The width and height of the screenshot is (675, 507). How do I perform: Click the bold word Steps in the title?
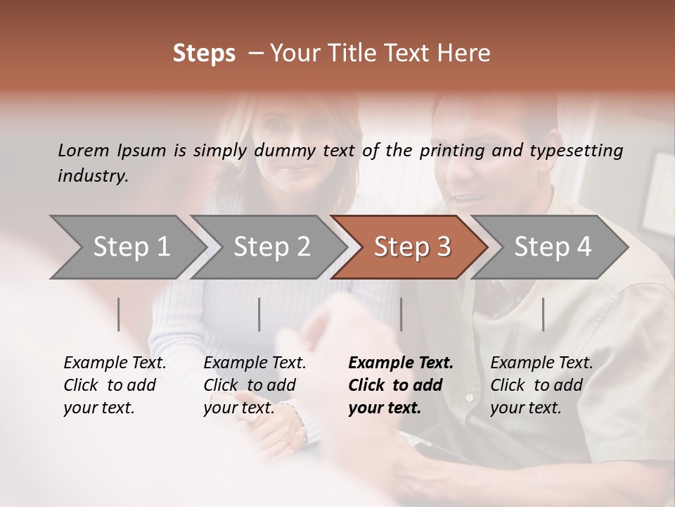coord(204,54)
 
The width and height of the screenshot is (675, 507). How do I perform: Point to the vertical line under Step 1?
coord(119,314)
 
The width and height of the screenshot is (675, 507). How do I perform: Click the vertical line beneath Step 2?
coord(259,314)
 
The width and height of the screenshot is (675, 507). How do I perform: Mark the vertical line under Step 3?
coord(401,314)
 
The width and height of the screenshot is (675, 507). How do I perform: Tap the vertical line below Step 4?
coord(544,314)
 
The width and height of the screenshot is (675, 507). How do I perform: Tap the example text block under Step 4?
coord(541,385)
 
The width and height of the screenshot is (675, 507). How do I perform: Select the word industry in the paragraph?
coord(93,175)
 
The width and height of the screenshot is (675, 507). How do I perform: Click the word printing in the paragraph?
coord(452,150)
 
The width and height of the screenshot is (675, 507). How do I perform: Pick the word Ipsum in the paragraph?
coord(142,150)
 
